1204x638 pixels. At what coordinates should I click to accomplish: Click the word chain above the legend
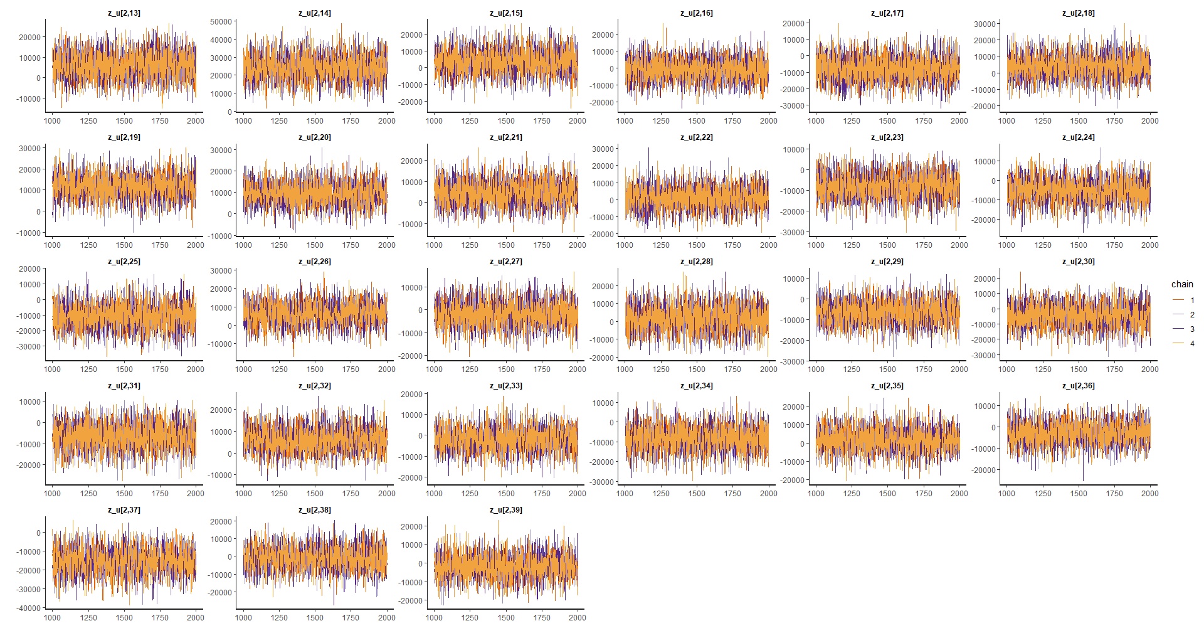1182,284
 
